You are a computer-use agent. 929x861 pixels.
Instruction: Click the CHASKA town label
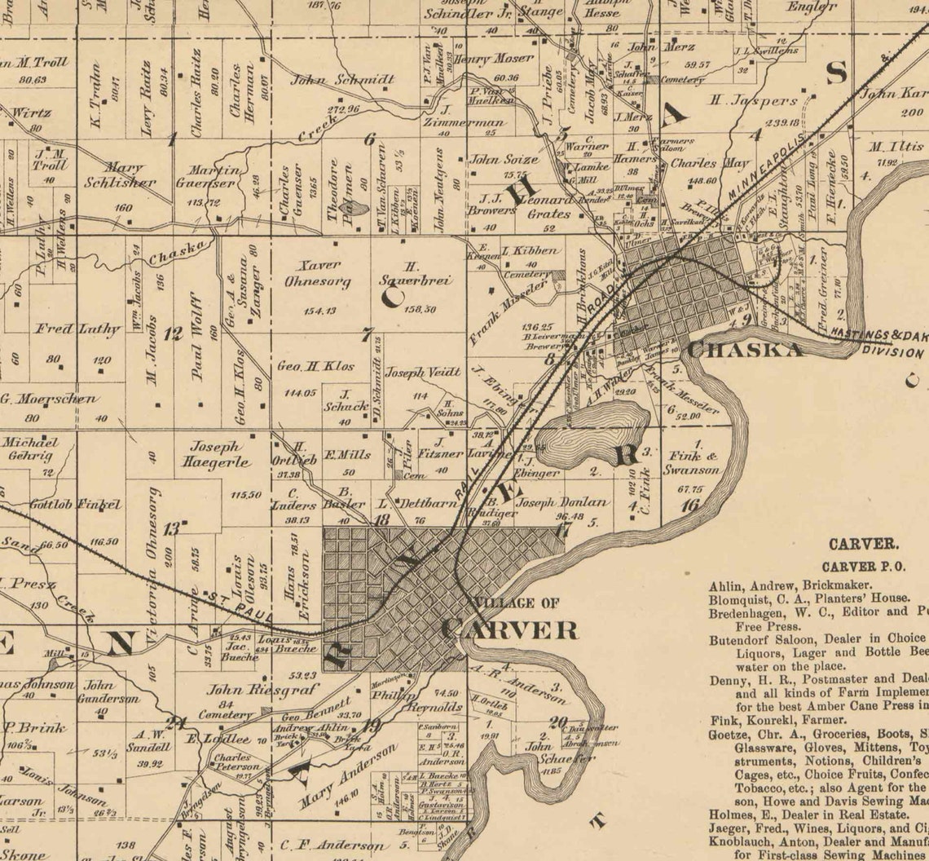coord(745,349)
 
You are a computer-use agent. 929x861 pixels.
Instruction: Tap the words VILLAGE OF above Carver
coord(516,603)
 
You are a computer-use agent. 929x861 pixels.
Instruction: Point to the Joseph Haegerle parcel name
coord(215,453)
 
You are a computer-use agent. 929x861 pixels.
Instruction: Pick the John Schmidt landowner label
coord(342,80)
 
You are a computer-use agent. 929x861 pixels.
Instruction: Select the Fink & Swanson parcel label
coord(690,463)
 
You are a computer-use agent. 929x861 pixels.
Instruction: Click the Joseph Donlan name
coord(562,503)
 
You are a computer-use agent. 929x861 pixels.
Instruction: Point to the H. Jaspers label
coord(752,102)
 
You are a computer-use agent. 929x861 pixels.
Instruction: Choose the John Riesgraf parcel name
coord(249,690)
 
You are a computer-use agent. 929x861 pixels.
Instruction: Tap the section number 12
coord(173,333)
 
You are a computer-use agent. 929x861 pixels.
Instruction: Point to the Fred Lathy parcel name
coord(77,329)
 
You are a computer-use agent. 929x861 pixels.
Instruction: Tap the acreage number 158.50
coord(419,309)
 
